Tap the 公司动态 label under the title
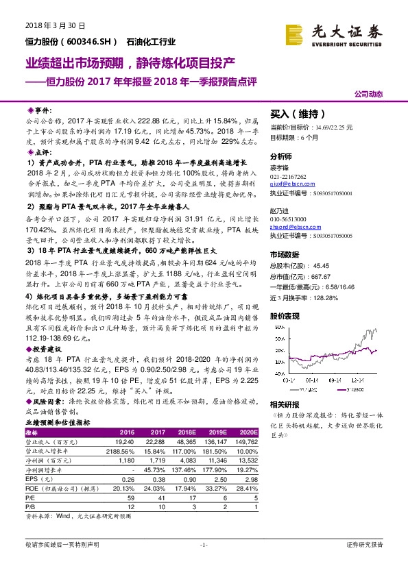pos(369,94)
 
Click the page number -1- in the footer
pos(203,545)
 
